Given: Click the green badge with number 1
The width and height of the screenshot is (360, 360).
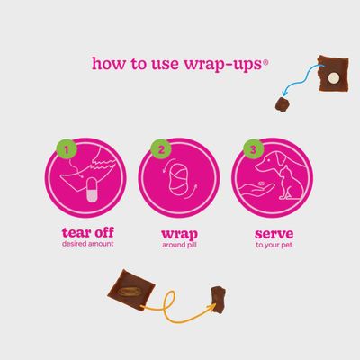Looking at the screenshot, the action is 67,149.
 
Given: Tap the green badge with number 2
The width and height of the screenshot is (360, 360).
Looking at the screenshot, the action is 161,149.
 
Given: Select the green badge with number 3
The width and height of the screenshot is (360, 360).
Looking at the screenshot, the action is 254,149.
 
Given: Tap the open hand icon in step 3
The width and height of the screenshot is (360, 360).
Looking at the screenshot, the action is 256,192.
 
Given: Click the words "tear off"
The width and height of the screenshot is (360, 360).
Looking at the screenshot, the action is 88,232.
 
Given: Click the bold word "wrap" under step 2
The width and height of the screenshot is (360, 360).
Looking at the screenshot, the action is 179,234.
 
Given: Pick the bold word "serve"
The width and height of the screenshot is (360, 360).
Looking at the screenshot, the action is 274,234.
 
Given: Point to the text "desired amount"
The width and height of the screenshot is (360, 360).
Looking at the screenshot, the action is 88,244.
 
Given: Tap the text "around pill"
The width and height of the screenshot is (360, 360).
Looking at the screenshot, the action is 179,245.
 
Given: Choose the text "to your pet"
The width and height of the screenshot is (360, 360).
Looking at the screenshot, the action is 274,246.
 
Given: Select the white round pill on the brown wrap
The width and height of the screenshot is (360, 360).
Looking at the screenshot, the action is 333,78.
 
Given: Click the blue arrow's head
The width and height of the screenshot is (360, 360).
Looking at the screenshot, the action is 285,92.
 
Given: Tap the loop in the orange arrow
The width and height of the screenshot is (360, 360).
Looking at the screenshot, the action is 168,301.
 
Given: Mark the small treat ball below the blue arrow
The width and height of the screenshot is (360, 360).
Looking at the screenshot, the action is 283,104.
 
